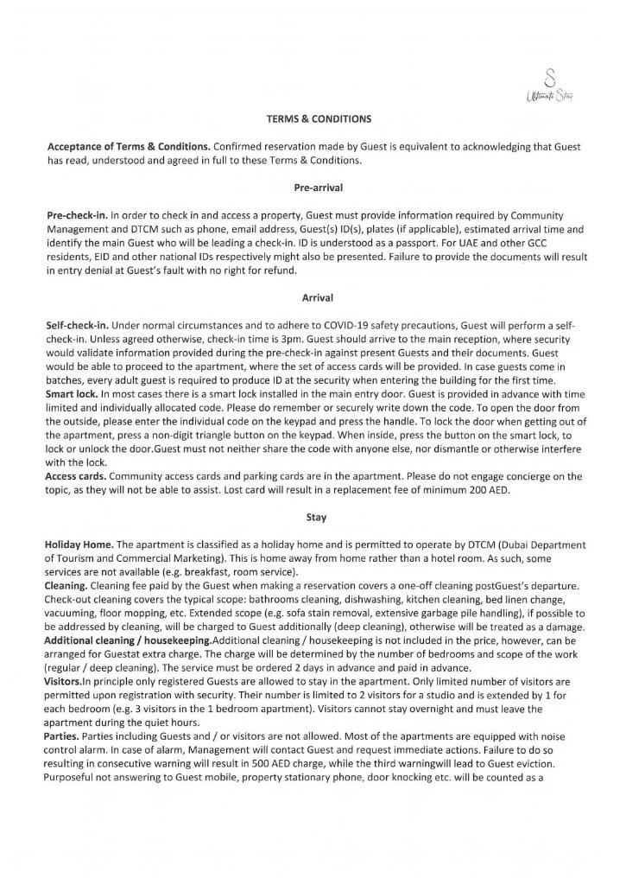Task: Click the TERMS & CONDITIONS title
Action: pos(313,118)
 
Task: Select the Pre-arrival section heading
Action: pos(313,186)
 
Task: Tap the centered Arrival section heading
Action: pos(313,297)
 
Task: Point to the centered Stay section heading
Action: pos(313,519)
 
